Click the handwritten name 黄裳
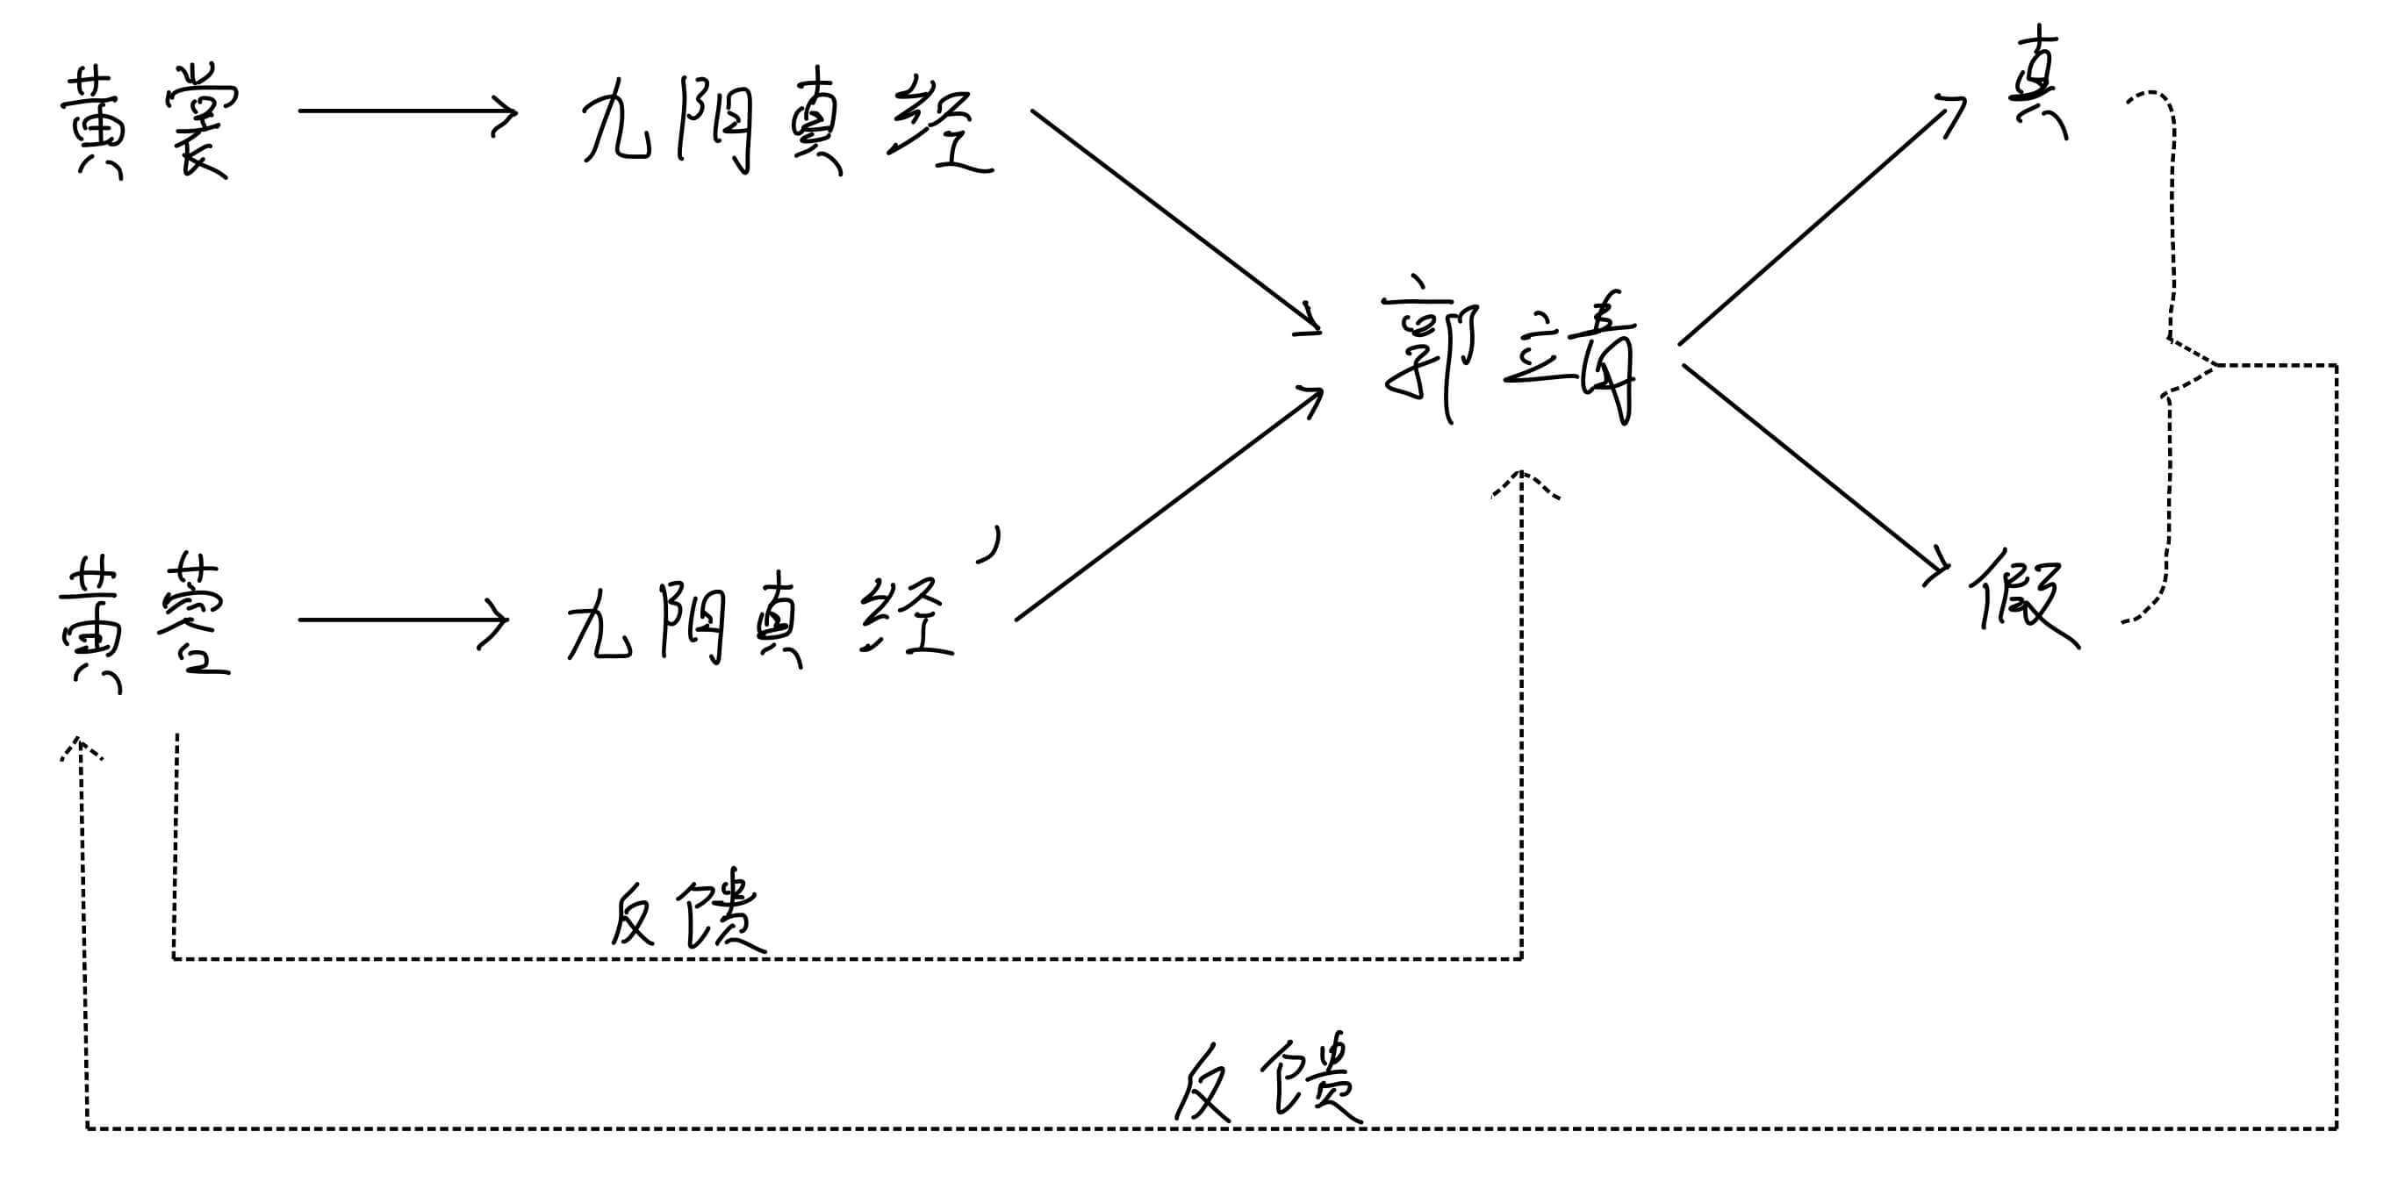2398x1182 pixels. point(149,121)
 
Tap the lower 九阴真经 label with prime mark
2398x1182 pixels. point(758,619)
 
